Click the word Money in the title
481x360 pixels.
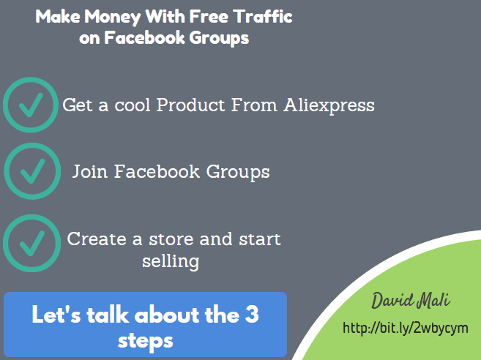point(113,17)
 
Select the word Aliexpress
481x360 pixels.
point(329,106)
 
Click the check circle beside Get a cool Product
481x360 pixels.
point(31,105)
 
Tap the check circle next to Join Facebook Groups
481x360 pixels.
point(32,171)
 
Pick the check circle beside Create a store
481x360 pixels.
point(32,243)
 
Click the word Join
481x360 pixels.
point(90,171)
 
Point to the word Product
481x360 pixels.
point(191,105)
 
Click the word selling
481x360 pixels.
point(171,262)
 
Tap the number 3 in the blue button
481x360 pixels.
point(252,314)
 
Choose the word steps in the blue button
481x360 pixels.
point(146,341)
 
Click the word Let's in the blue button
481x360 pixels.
point(56,314)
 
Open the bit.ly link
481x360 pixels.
point(406,328)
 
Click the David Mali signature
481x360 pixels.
point(411,301)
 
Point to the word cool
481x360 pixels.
point(133,105)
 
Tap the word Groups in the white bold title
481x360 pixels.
point(219,38)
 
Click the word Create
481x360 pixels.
point(97,239)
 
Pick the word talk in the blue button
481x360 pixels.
point(108,314)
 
